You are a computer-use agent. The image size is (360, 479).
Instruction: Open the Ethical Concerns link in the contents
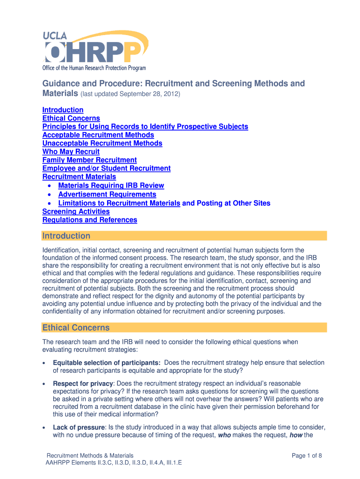click(x=71, y=118)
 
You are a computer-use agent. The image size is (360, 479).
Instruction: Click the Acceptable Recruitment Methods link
click(x=98, y=135)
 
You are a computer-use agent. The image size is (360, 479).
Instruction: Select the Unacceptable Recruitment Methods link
click(x=102, y=144)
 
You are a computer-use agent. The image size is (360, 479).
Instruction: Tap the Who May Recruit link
click(x=71, y=152)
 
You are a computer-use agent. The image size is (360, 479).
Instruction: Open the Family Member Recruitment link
click(x=90, y=160)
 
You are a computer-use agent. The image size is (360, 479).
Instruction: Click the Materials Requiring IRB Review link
click(x=111, y=186)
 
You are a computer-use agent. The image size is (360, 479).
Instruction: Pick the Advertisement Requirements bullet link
click(x=108, y=195)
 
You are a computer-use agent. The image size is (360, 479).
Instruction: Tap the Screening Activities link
click(x=76, y=211)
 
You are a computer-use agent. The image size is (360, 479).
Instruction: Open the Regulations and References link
click(x=90, y=220)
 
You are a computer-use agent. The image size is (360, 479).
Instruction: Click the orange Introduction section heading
click(x=66, y=236)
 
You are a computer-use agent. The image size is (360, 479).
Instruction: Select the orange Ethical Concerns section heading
click(x=76, y=327)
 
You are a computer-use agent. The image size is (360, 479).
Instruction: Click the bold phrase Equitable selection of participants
click(x=107, y=363)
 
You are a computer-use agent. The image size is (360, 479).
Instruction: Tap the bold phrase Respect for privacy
click(x=83, y=384)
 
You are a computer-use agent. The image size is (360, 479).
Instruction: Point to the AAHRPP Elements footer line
click(x=114, y=463)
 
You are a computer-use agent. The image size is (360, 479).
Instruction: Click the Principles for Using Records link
click(x=145, y=127)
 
